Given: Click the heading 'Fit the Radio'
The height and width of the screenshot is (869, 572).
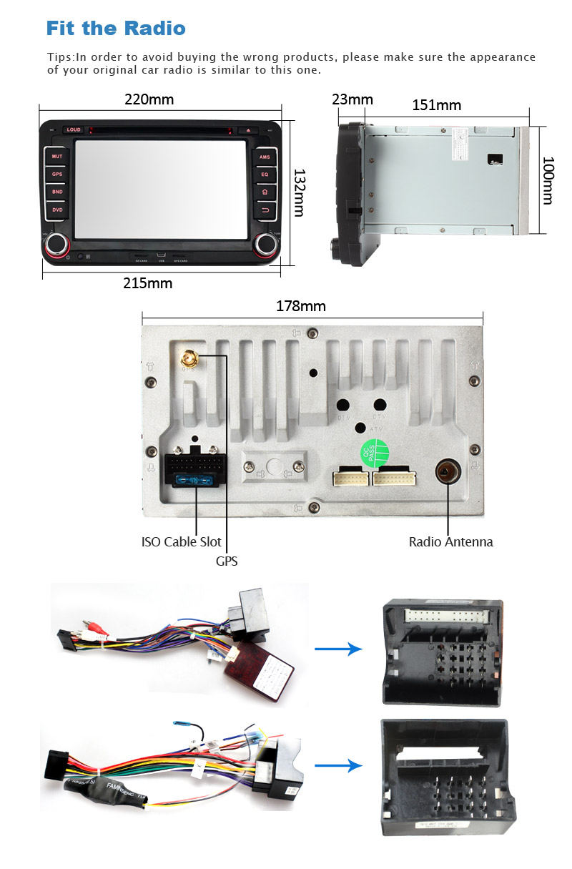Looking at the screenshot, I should [x=116, y=29].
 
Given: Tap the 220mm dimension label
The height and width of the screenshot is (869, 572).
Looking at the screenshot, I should [x=149, y=99].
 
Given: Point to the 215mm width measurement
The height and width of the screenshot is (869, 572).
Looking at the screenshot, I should [x=148, y=283].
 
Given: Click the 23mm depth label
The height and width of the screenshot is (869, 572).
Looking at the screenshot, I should [x=352, y=99].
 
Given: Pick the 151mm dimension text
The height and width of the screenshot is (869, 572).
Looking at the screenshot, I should [x=437, y=105].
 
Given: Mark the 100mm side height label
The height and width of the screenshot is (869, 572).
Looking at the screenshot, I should [x=547, y=180].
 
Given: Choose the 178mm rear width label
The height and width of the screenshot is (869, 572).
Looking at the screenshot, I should [x=301, y=306].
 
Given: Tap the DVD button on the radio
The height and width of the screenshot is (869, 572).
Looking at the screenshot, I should [x=57, y=210].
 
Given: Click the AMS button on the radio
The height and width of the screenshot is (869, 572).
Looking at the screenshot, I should [x=265, y=157].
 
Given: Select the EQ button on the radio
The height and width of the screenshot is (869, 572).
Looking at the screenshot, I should [x=265, y=174].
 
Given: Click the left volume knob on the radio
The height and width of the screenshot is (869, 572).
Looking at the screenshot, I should [x=56, y=245].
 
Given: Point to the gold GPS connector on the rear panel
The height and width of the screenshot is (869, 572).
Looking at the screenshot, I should [x=189, y=356].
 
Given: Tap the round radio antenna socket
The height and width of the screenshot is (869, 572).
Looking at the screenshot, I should [x=447, y=471].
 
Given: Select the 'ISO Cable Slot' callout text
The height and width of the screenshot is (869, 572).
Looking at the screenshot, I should [x=182, y=541].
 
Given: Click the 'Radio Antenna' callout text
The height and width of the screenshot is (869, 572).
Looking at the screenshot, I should [x=450, y=541].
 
